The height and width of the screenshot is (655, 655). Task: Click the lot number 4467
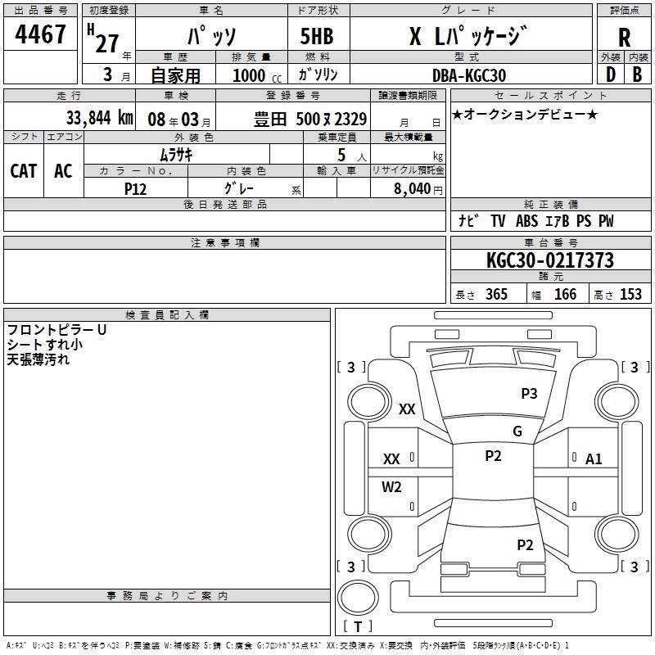click(41, 35)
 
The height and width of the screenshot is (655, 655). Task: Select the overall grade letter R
click(624, 37)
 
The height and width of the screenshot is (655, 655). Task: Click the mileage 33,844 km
click(99, 118)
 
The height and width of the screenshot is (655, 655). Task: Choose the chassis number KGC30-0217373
click(549, 261)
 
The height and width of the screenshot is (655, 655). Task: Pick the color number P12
click(135, 187)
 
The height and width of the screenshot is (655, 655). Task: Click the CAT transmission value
click(23, 171)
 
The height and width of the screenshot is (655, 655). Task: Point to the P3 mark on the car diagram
click(529, 394)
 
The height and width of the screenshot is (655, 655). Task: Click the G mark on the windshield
click(517, 431)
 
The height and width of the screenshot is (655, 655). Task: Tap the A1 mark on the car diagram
click(594, 459)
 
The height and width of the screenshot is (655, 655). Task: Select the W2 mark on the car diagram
click(391, 487)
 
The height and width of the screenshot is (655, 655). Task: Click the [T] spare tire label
click(358, 627)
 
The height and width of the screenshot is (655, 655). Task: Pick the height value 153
click(630, 295)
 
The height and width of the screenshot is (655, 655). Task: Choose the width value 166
click(565, 295)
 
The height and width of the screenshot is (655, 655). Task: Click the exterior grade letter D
click(610, 75)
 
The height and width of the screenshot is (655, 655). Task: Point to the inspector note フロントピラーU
click(56, 330)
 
